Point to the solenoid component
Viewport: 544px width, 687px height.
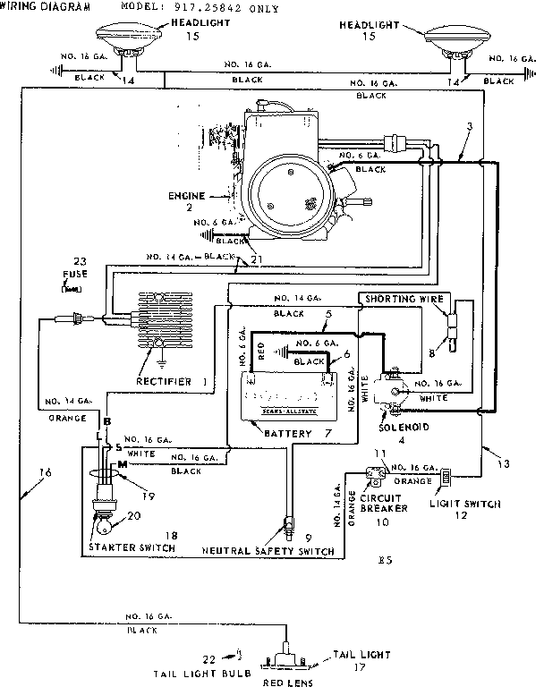391,394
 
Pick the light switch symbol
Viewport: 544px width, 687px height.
444,479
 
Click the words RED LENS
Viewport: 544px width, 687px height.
287,680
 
